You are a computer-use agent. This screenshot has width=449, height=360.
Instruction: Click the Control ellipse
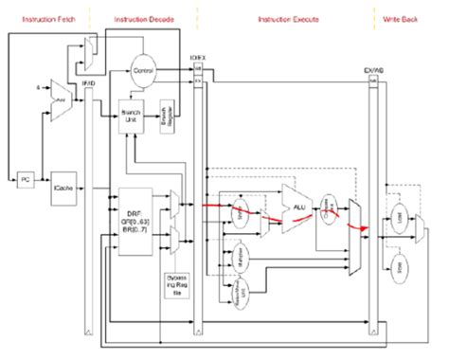tap(144, 70)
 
